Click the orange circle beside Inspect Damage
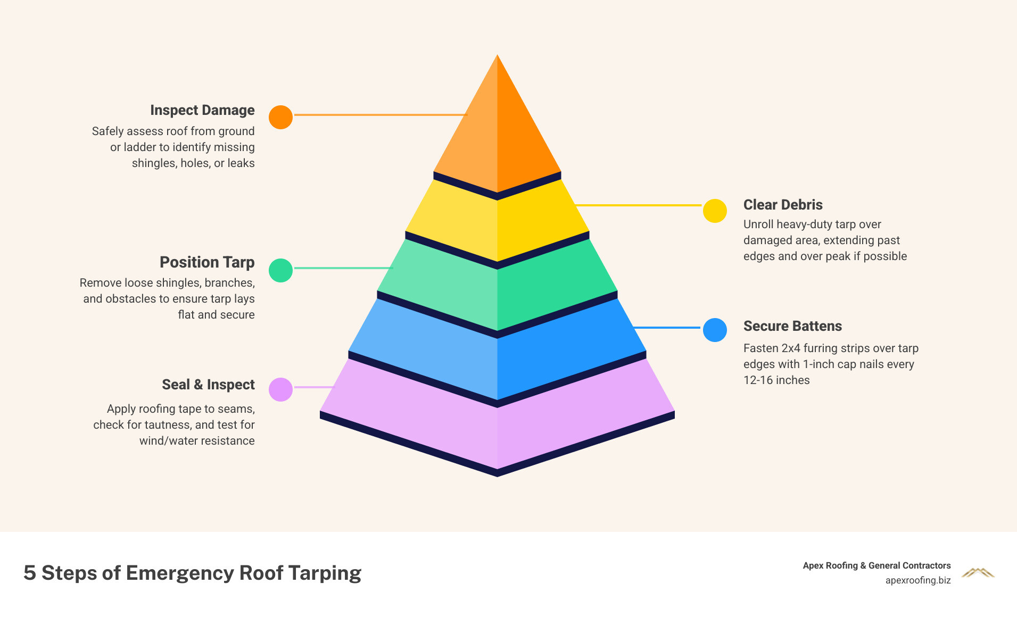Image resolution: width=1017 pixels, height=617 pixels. pyautogui.click(x=280, y=117)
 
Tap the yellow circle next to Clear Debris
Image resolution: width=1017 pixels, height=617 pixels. pyautogui.click(x=715, y=211)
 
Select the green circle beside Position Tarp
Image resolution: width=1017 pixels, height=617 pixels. pyautogui.click(x=280, y=270)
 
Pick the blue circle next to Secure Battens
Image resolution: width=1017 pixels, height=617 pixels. pyautogui.click(x=715, y=330)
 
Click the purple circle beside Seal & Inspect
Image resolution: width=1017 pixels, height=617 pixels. pyautogui.click(x=280, y=389)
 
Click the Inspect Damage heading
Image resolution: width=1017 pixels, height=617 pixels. pyautogui.click(x=202, y=110)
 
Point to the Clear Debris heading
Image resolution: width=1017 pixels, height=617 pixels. pyautogui.click(x=783, y=205)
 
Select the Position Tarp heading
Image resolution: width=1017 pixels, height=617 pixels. pyautogui.click(x=207, y=262)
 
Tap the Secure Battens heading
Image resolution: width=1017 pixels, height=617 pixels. pyautogui.click(x=792, y=326)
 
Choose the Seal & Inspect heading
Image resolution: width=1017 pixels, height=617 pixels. pyautogui.click(x=208, y=385)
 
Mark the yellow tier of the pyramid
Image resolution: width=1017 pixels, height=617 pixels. pyautogui.click(x=497, y=223)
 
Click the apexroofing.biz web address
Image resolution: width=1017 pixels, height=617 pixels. pyautogui.click(x=918, y=580)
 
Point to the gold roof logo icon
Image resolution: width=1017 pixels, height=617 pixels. pyautogui.click(x=978, y=573)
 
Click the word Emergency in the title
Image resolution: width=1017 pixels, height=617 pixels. pyautogui.click(x=180, y=573)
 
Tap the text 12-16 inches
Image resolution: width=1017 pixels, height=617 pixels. pyautogui.click(x=776, y=380)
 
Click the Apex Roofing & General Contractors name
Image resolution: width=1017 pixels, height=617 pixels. pyautogui.click(x=877, y=565)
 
